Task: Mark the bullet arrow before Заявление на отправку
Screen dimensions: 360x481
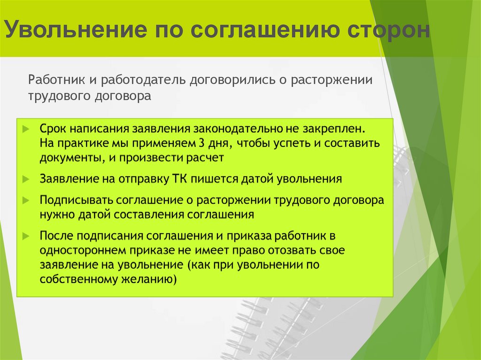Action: [26, 179]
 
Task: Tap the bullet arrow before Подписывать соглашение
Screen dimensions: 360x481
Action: [26, 200]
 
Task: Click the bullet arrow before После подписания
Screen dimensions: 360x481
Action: [26, 236]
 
